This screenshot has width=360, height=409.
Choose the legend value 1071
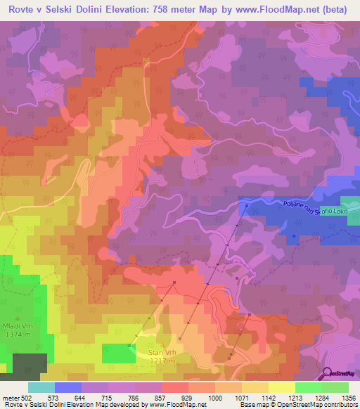241,398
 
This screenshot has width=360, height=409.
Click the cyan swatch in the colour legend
41,387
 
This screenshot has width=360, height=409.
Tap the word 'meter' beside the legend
11,398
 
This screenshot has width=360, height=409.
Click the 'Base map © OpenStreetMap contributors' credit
297,405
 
